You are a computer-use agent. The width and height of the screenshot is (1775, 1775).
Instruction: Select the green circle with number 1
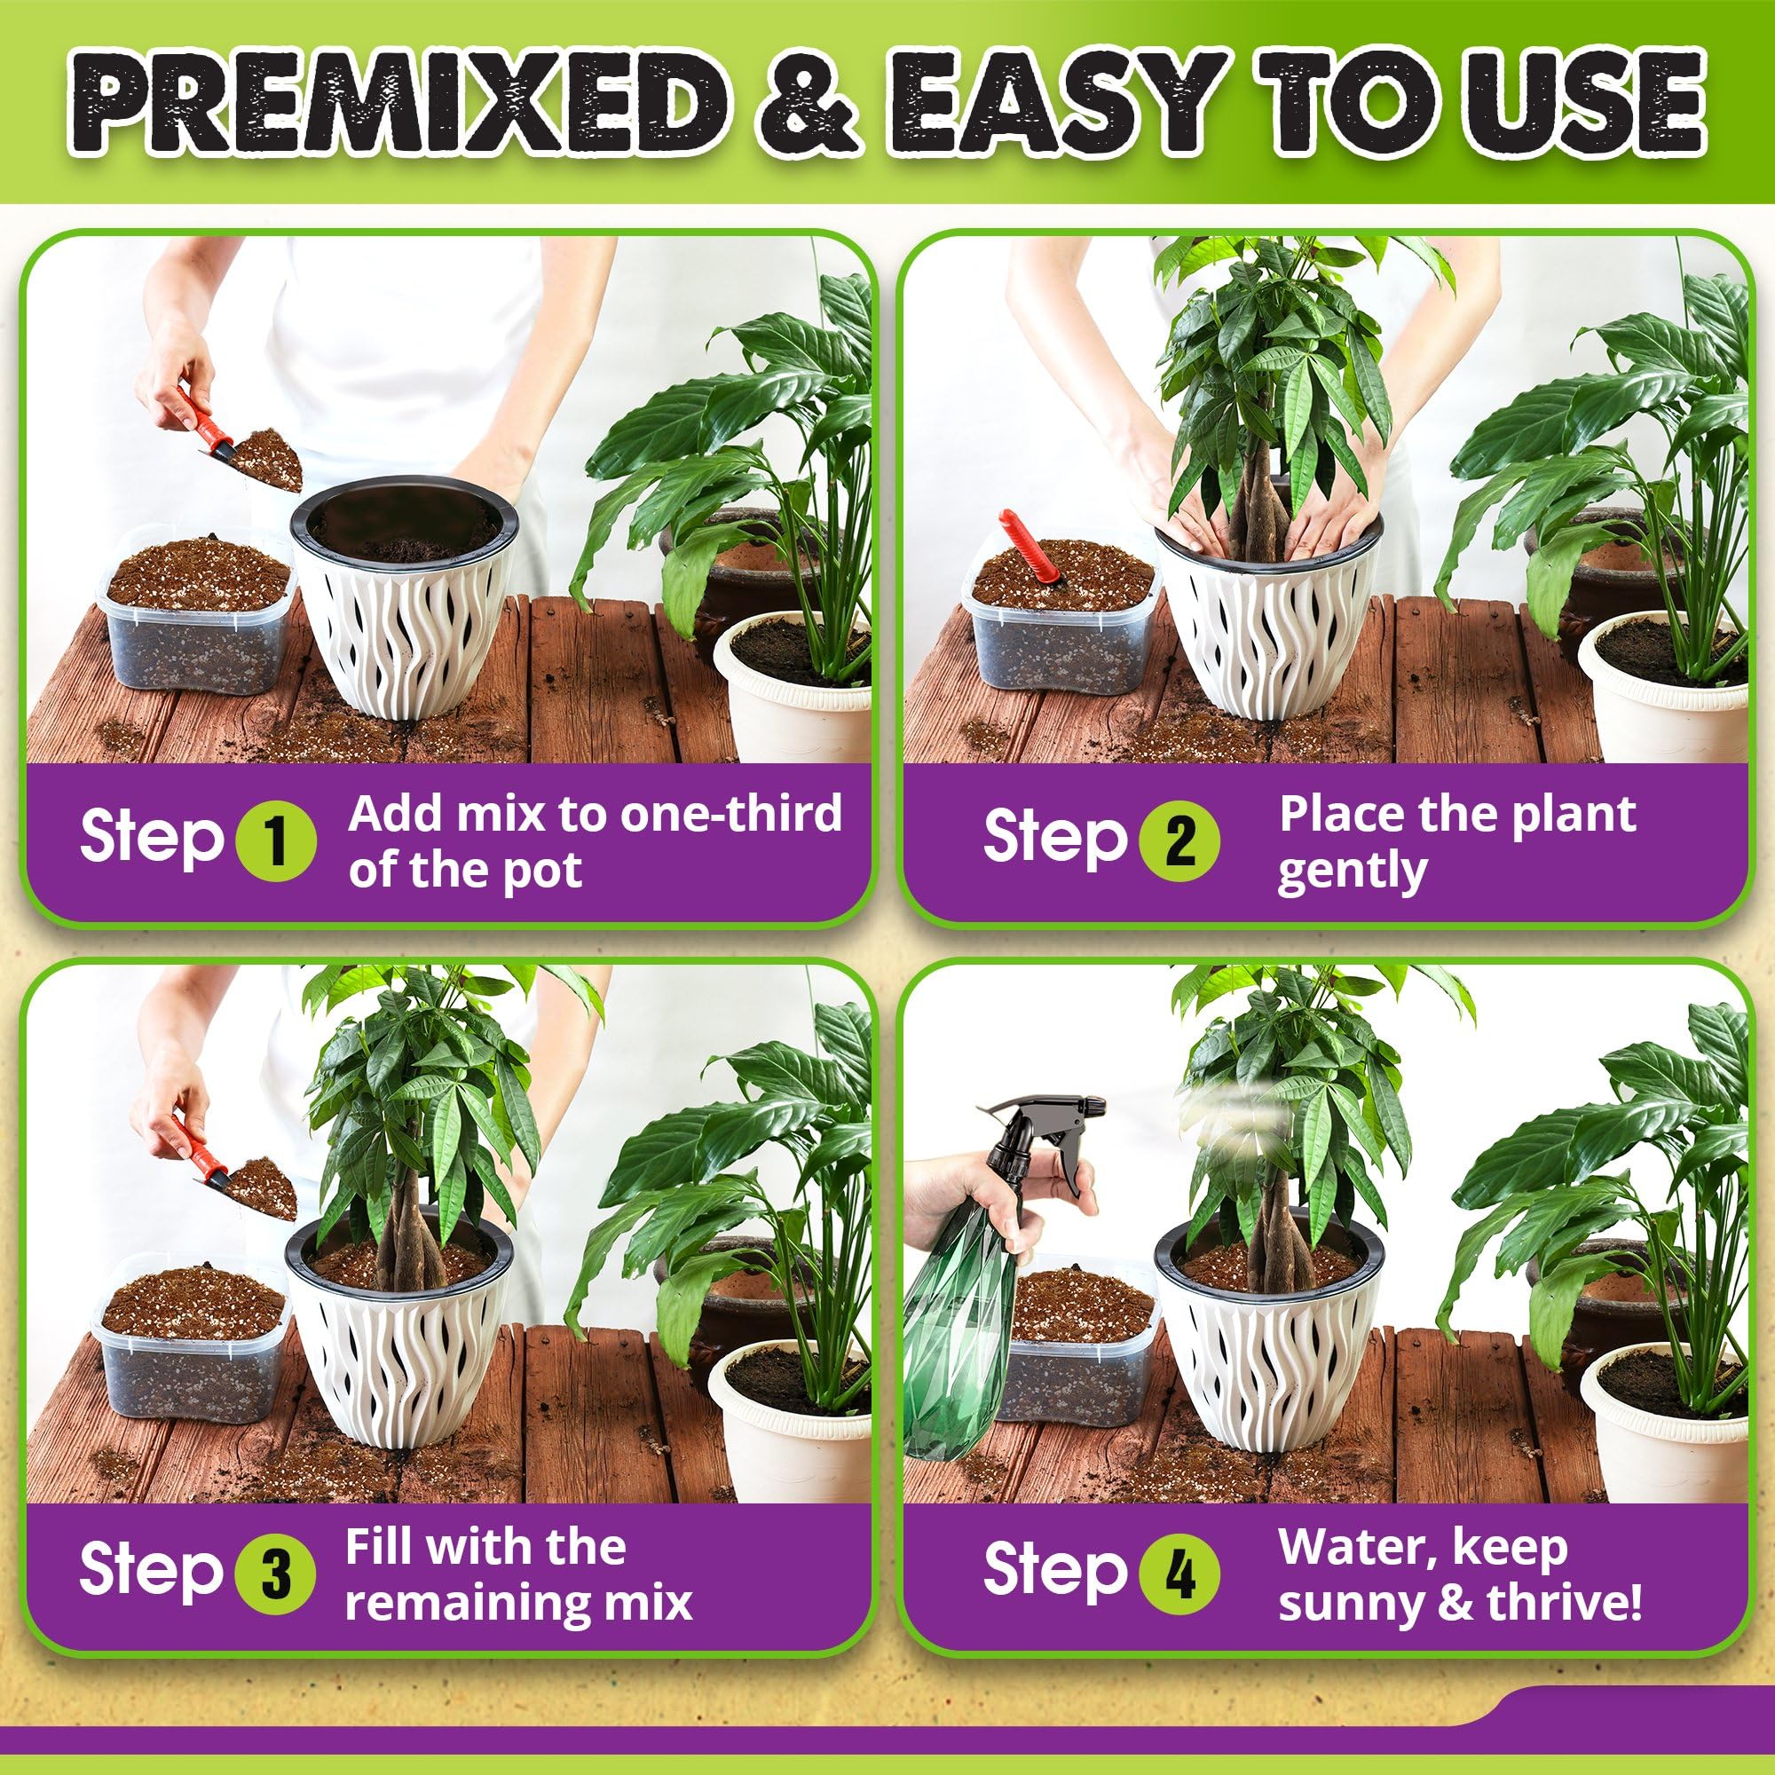tap(276, 841)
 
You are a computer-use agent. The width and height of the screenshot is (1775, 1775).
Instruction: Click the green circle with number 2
tap(1179, 841)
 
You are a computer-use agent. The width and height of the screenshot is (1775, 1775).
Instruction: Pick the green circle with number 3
tap(276, 1573)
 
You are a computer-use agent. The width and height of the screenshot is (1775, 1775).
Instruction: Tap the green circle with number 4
tap(1179, 1573)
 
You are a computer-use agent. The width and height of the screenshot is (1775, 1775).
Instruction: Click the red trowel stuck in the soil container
tap(1029, 548)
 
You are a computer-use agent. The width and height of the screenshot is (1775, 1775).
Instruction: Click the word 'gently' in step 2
tap(1352, 871)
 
